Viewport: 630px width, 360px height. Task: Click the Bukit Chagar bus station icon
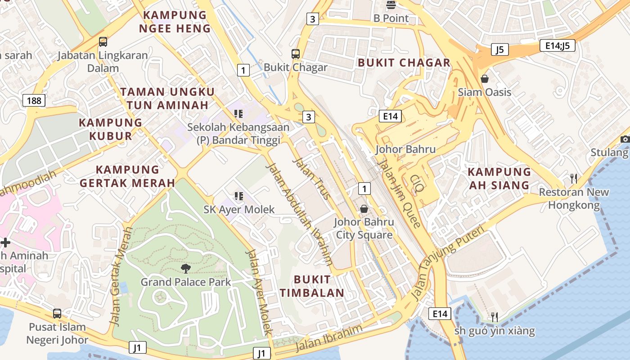(296, 54)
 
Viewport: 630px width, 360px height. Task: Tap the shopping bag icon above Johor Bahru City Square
(364, 209)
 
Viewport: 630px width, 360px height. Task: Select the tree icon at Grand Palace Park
(185, 269)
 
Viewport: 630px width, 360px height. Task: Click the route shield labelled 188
(34, 100)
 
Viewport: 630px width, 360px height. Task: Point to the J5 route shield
(499, 49)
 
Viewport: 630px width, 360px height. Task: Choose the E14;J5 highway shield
(557, 45)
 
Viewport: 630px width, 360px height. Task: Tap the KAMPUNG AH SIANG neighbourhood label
(499, 179)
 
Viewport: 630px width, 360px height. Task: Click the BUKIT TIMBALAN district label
(312, 286)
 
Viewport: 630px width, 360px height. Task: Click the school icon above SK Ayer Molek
(238, 196)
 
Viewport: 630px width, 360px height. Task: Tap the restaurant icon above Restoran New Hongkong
(573, 179)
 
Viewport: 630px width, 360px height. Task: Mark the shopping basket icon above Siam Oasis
(485, 79)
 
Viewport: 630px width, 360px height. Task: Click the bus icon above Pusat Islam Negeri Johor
(57, 313)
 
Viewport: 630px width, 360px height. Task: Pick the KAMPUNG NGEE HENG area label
(175, 22)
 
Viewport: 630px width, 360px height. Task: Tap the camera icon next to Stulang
(625, 139)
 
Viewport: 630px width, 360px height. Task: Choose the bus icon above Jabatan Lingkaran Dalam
(103, 42)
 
